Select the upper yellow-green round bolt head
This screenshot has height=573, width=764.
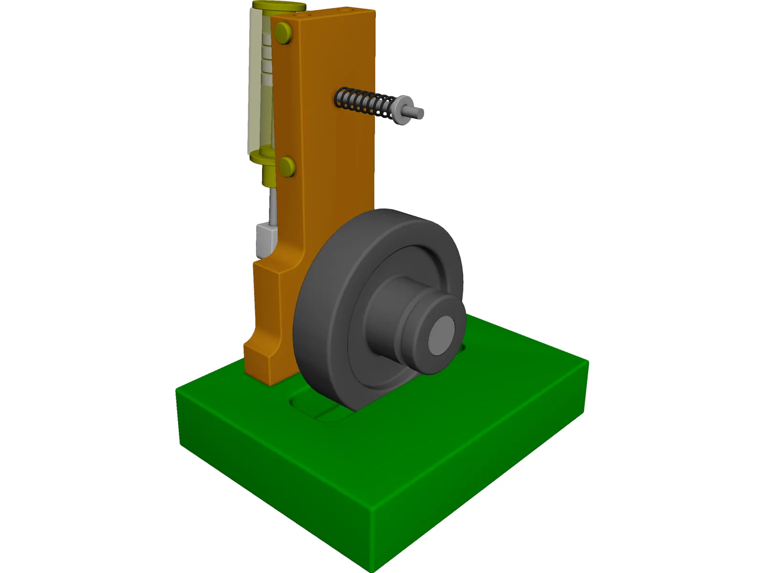[x=283, y=33]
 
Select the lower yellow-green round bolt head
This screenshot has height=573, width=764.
[x=286, y=167]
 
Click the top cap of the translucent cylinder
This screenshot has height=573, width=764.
[x=278, y=7]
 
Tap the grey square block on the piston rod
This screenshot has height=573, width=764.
[x=266, y=239]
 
